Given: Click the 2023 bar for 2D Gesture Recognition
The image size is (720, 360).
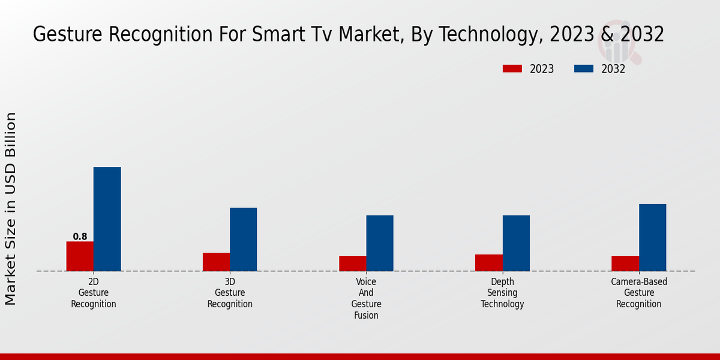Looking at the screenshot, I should coord(80,256).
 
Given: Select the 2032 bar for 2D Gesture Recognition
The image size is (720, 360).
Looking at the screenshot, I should coord(107,219).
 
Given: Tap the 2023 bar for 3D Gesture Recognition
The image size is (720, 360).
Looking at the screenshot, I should coord(216,262).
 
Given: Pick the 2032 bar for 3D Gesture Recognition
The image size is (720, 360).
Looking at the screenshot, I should coord(243,239).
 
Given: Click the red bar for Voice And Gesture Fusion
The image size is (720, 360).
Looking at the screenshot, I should coord(352,263).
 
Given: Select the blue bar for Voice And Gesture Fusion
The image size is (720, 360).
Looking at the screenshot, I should coord(380,243).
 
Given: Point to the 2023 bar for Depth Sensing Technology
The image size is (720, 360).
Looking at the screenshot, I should coord(488,263).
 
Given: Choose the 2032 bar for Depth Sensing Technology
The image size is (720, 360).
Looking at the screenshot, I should coord(516,243).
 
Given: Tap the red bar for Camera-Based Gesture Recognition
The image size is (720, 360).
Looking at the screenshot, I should coord(625,263).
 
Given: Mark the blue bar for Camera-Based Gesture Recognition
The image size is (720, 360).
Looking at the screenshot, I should coord(652,238).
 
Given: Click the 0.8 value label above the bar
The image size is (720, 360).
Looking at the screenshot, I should coord(80,236).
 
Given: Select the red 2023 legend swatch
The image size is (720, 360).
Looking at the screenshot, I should coord(512,69).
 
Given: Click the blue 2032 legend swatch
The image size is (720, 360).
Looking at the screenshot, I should coord(584,69).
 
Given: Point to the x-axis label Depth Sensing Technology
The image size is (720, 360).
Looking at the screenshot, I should coord(502,293).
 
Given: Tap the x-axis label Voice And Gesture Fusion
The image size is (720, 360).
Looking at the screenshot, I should coord(366,298).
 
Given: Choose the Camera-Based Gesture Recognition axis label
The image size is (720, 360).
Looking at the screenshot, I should coord(639,293).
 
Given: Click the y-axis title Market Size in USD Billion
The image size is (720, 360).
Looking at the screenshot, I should coord(11,208).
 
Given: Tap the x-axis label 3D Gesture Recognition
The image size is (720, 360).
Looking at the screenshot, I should coord(230,293).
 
